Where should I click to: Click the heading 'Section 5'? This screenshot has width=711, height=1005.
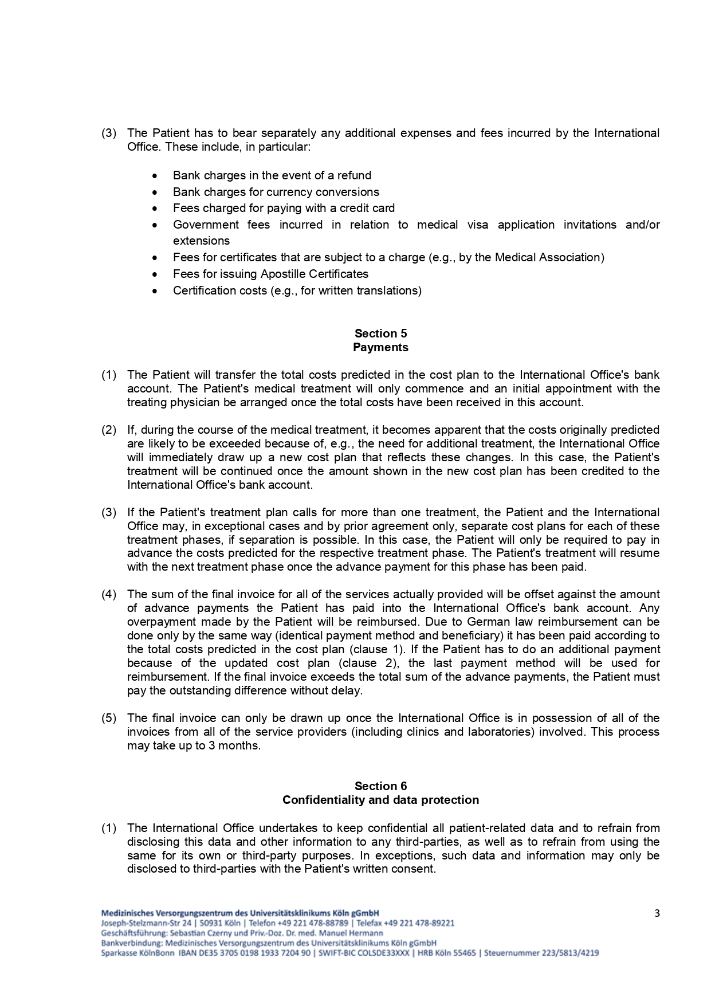380,333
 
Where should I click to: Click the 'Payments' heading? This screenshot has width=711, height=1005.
380,347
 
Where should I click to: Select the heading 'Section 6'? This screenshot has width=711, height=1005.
380,786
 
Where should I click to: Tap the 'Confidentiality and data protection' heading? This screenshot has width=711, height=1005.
380,800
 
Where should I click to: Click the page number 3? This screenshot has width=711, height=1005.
657,913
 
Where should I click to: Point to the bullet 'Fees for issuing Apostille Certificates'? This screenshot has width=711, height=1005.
270,274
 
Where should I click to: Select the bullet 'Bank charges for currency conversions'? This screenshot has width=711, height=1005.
276,192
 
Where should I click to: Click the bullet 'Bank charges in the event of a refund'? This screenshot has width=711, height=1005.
272,175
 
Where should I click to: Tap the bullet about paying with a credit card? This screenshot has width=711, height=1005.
284,208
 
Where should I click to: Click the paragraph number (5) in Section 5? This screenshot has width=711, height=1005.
109,718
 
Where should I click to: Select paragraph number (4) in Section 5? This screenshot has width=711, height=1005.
109,594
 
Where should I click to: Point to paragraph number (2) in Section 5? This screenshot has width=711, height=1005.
109,430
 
